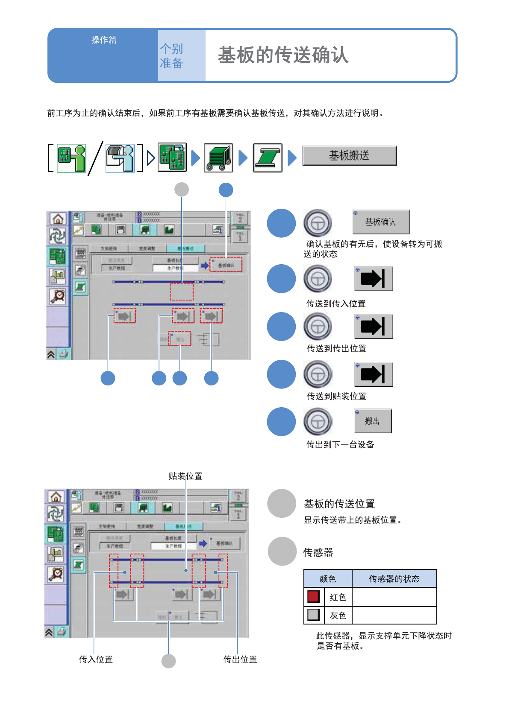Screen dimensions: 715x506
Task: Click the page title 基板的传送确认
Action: click(x=283, y=55)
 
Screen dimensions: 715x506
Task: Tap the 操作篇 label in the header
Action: click(x=104, y=40)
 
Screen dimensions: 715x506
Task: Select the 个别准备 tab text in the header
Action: click(x=171, y=56)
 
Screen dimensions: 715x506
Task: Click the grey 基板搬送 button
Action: click(x=349, y=155)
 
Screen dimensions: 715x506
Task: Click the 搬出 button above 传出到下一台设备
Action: click(x=372, y=421)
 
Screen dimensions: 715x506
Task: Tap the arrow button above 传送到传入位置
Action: click(x=373, y=279)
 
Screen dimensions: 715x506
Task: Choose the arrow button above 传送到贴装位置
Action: click(x=373, y=374)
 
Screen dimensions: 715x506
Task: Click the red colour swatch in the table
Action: click(x=313, y=596)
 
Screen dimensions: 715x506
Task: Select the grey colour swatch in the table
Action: click(x=313, y=615)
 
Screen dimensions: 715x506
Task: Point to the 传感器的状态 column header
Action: click(x=394, y=579)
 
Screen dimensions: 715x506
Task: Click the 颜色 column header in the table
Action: click(x=328, y=579)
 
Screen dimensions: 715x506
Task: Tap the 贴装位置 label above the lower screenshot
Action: click(x=185, y=476)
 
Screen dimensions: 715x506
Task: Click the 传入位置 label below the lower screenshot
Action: click(x=96, y=660)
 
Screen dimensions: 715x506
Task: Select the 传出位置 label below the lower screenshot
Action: click(x=240, y=660)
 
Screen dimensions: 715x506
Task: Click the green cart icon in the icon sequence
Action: click(x=218, y=158)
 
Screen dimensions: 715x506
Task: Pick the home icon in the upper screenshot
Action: click(x=58, y=219)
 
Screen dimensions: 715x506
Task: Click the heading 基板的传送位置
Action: click(x=339, y=504)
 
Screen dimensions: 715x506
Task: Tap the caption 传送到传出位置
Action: click(x=336, y=348)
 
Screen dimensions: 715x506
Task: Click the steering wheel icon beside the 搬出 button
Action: click(x=318, y=422)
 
